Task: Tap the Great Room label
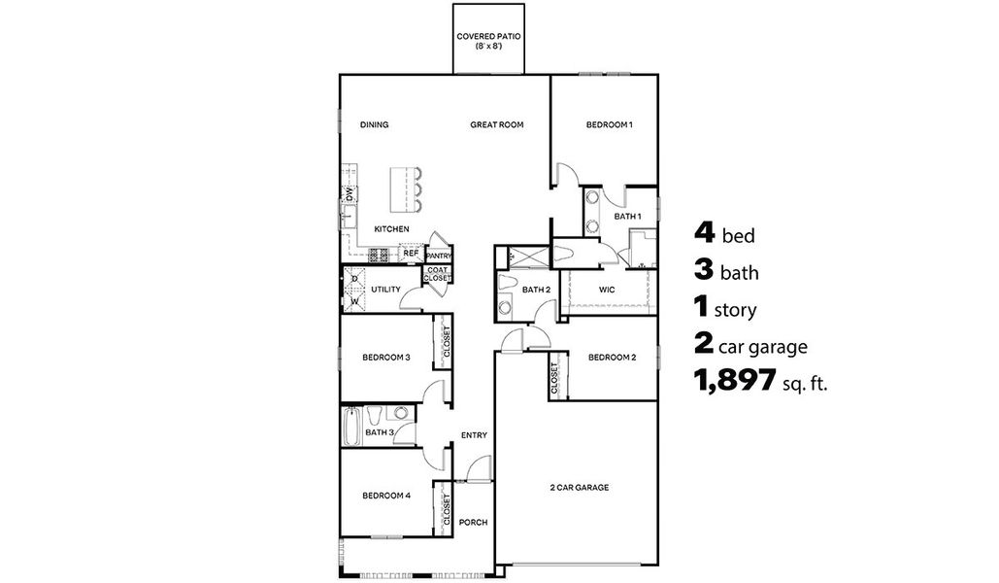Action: pos(497,124)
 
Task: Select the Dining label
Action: pos(374,124)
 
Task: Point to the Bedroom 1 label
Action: pos(610,124)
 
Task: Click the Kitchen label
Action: pos(391,229)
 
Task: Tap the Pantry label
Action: pos(439,257)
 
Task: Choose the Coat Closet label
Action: pos(436,275)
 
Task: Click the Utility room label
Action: pos(385,290)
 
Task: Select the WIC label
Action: pos(608,290)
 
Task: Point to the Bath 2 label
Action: pos(536,290)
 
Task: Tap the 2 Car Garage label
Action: pos(580,488)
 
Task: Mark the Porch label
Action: pos(473,523)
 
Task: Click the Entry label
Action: pos(474,435)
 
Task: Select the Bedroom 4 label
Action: pos(386,496)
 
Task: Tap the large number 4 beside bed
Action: pos(705,233)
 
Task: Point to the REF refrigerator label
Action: pos(411,253)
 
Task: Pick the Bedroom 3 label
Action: pos(386,358)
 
